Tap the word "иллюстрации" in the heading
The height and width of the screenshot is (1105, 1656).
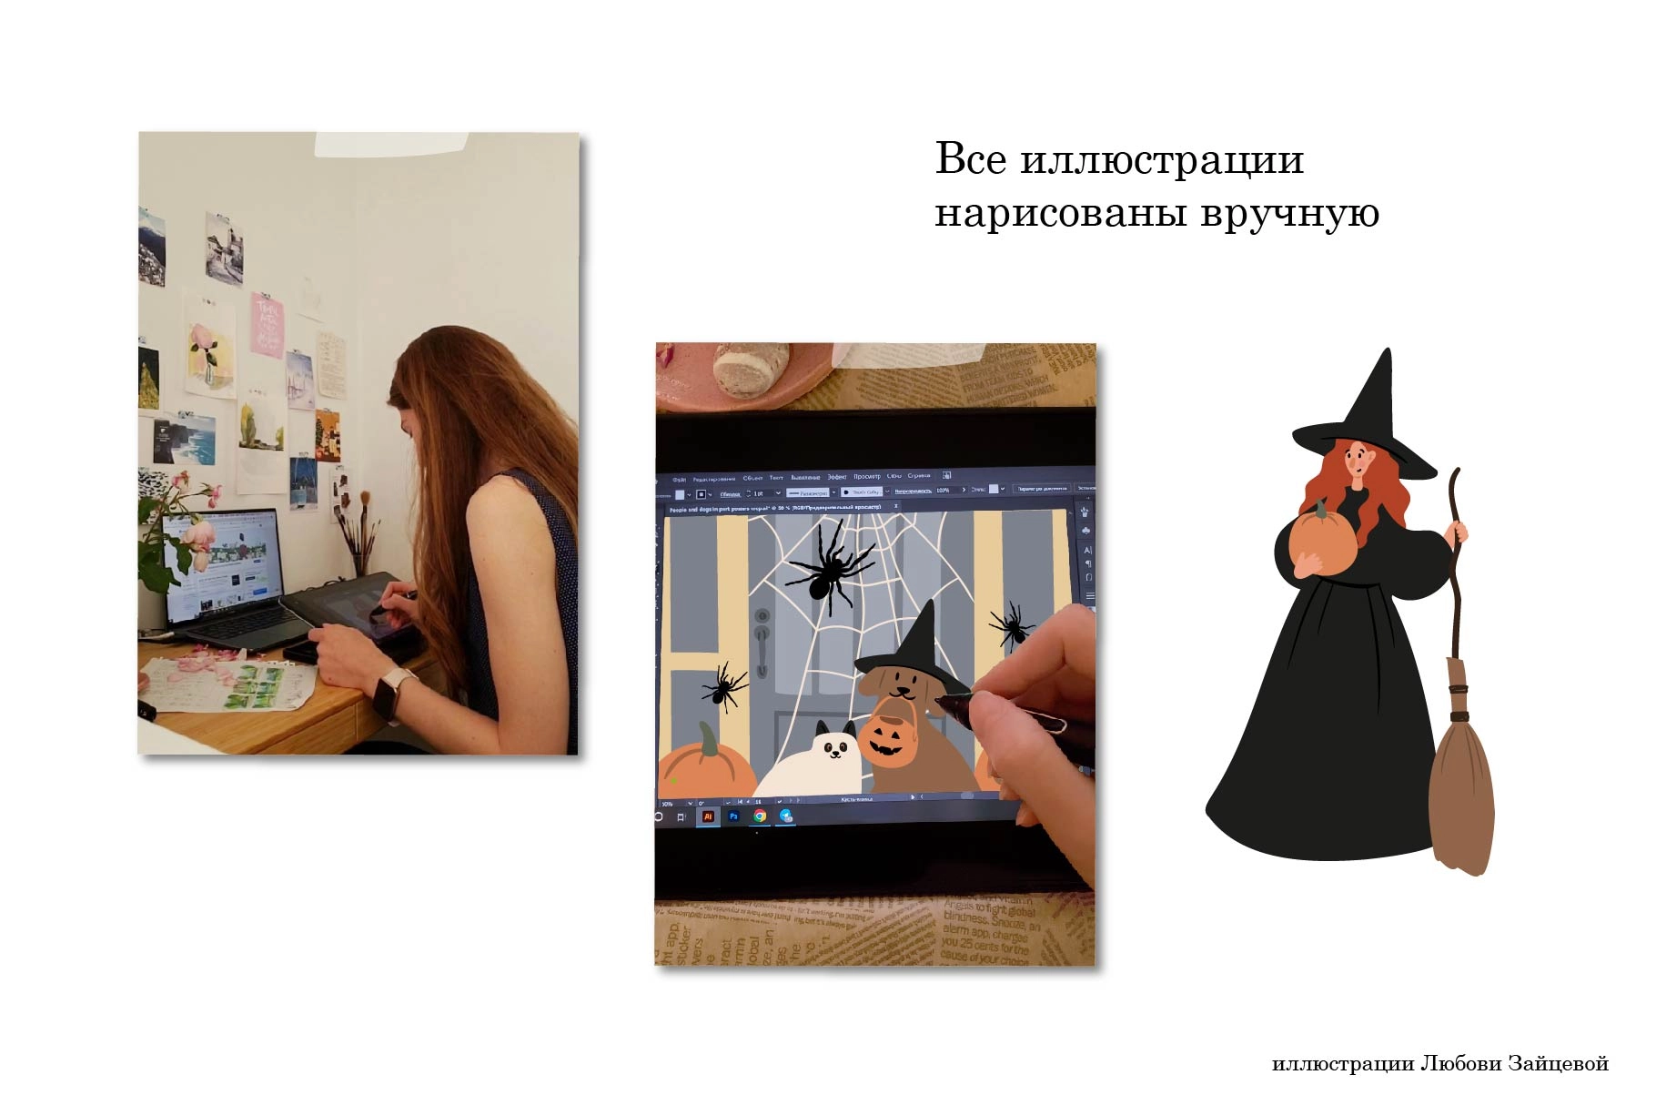click(x=1162, y=160)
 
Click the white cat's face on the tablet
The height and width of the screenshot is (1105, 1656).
click(x=835, y=748)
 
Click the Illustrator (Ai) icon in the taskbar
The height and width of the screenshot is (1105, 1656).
click(x=708, y=816)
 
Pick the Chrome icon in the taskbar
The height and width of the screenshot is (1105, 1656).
click(x=760, y=816)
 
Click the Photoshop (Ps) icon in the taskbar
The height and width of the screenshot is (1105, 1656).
click(x=733, y=816)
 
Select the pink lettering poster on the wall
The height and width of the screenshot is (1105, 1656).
click(x=268, y=326)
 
